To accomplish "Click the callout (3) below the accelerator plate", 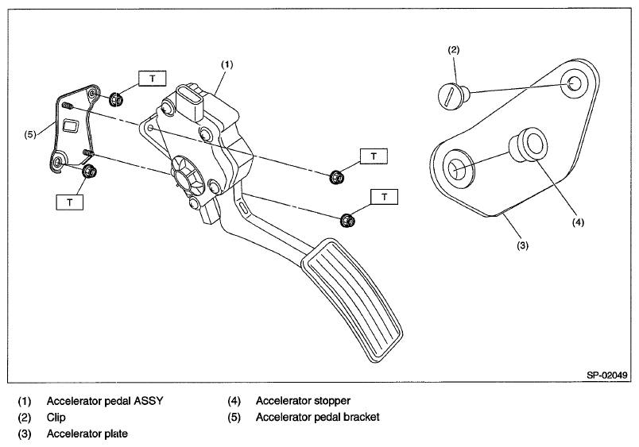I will (522, 245).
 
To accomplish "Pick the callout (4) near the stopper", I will (578, 222).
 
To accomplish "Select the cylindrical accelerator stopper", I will (528, 148).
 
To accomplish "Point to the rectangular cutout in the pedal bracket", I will (71, 125).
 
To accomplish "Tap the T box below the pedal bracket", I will (70, 202).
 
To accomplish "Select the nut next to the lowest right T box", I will (347, 219).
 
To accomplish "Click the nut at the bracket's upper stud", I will (114, 98).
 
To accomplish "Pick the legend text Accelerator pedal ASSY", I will (106, 400).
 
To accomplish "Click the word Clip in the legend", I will (56, 417).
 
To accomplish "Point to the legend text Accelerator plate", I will (87, 434).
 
